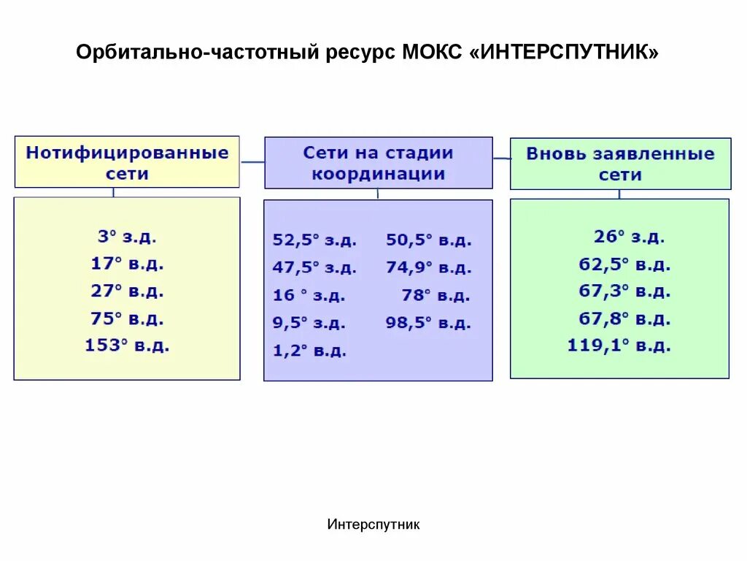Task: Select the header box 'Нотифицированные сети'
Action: pos(127,163)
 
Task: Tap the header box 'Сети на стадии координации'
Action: pos(378,163)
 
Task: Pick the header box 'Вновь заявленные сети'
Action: pos(620,164)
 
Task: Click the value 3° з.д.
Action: pos(127,237)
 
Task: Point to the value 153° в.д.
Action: pos(127,346)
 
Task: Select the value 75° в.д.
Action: pos(127,318)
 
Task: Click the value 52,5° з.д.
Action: pos(314,240)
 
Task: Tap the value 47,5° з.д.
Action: pos(314,268)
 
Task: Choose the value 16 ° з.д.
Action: pos(309,296)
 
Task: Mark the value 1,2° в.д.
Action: pos(309,351)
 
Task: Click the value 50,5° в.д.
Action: pos(429,240)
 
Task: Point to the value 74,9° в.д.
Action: pos(429,268)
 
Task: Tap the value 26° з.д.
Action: pos(629,237)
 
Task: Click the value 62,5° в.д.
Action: pos(624,264)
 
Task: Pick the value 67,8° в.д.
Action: pos(624,319)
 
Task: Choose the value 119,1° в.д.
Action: pos(619,346)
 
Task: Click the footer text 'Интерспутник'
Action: pos(373,524)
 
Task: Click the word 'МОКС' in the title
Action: pos(431,53)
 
